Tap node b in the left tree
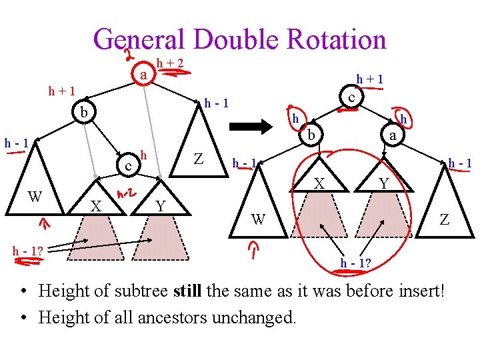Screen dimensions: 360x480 point(83,111)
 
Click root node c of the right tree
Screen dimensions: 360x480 point(351,97)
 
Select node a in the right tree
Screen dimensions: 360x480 point(393,136)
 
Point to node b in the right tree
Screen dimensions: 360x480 point(310,137)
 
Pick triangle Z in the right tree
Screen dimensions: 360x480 point(444,211)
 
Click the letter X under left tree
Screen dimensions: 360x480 point(96,207)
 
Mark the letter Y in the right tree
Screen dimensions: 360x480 point(383,181)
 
